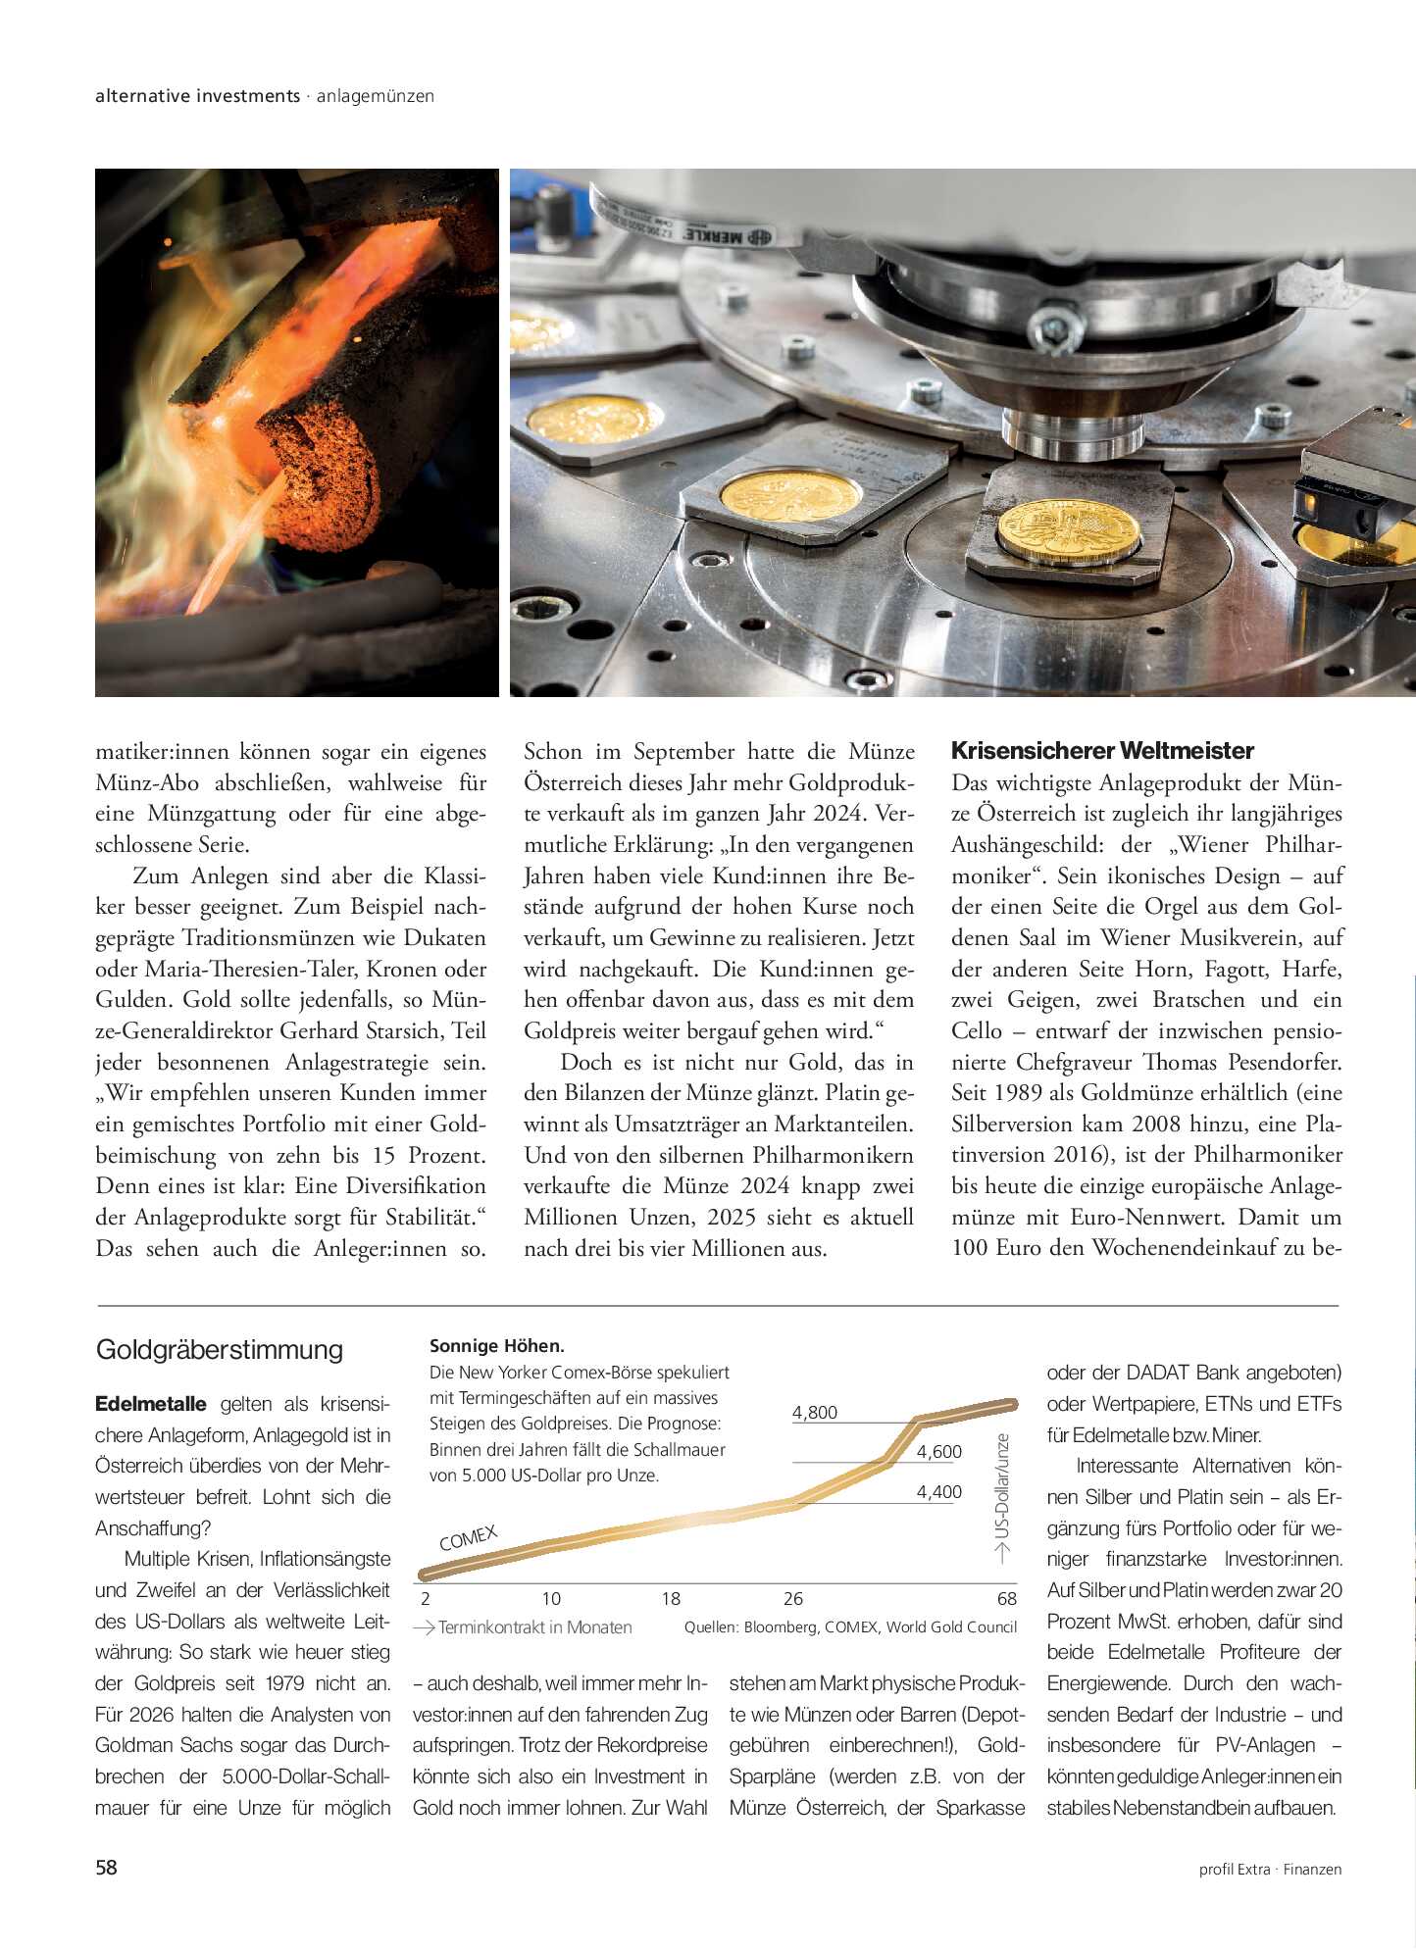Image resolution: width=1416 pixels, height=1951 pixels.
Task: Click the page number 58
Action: pyautogui.click(x=106, y=1868)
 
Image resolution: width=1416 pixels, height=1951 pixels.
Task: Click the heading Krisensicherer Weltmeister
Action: pyautogui.click(x=1102, y=751)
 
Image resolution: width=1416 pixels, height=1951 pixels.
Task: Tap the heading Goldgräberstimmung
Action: pyautogui.click(x=220, y=1350)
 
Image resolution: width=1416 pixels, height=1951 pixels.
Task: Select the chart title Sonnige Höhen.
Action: pyautogui.click(x=496, y=1346)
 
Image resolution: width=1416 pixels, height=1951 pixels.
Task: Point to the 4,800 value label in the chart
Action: pyautogui.click(x=814, y=1413)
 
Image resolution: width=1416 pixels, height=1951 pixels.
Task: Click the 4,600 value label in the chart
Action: pyautogui.click(x=938, y=1452)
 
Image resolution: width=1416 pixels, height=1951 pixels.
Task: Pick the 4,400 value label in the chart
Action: pyautogui.click(x=938, y=1492)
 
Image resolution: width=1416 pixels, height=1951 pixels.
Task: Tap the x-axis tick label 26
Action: pyautogui.click(x=793, y=1599)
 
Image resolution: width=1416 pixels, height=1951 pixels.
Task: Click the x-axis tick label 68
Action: pyautogui.click(x=1007, y=1599)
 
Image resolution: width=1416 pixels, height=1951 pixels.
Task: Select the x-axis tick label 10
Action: pyautogui.click(x=551, y=1599)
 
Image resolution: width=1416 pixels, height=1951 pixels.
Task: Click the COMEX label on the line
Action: pyautogui.click(x=469, y=1538)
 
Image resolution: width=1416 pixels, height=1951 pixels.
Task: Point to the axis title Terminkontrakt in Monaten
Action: pyautogui.click(x=534, y=1627)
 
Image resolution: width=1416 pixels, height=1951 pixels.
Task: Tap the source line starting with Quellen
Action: pyautogui.click(x=850, y=1627)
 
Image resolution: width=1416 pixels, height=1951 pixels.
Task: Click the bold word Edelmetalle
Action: pyautogui.click(x=151, y=1404)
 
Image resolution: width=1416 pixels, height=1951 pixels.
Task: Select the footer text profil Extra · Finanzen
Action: pyautogui.click(x=1270, y=1870)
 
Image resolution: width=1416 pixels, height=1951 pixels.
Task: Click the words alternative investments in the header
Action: pyautogui.click(x=198, y=96)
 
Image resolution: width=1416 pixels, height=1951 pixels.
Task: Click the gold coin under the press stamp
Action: pyautogui.click(x=1069, y=530)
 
